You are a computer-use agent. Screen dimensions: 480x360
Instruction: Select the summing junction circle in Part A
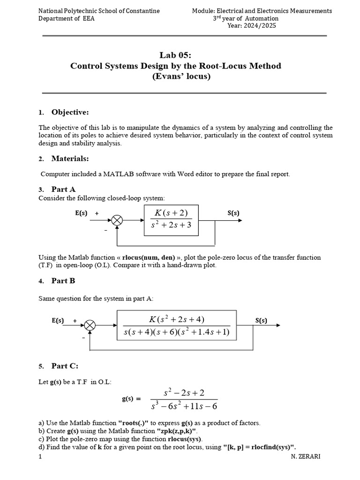116,221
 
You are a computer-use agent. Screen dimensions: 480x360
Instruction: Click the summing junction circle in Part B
90,325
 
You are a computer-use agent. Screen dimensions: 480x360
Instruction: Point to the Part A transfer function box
172,220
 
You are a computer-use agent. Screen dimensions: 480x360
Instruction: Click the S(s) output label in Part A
233,213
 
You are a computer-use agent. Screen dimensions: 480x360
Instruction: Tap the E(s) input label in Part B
58,321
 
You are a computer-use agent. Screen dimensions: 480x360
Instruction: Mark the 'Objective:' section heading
70,112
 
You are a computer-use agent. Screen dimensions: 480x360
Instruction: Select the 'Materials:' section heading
70,158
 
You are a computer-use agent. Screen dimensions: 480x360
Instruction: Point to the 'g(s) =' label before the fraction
131,399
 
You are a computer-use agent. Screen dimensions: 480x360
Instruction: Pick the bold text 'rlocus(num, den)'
149,257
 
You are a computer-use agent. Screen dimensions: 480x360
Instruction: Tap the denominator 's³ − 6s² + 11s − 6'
184,406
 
